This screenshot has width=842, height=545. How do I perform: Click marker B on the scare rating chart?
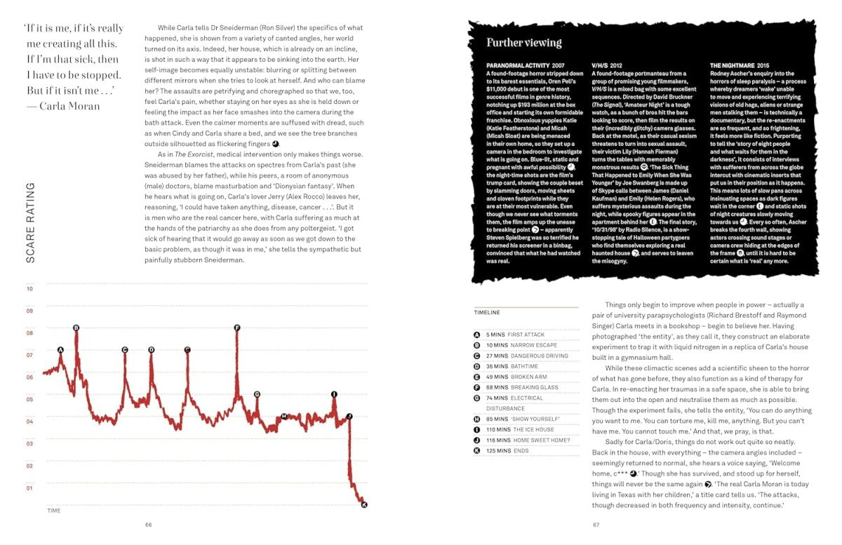[x=76, y=328]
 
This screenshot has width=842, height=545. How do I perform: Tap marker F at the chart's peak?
[x=237, y=328]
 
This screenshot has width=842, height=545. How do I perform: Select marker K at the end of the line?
[x=363, y=505]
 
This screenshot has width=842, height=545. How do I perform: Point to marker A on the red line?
[x=60, y=349]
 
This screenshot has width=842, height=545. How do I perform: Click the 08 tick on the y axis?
[x=29, y=332]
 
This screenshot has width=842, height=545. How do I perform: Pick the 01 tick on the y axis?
[x=29, y=487]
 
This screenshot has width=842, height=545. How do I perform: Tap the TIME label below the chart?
[x=53, y=511]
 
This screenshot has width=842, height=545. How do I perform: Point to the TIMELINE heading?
[x=487, y=312]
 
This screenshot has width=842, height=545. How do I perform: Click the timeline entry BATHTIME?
[x=524, y=366]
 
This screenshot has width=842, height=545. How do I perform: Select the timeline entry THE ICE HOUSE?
[x=533, y=429]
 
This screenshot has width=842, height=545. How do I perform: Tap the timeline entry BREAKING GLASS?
[x=534, y=387]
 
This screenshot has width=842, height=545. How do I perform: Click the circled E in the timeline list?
[x=477, y=377]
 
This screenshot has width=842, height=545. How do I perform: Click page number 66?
[x=149, y=524]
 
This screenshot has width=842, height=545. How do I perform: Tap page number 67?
[x=596, y=524]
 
